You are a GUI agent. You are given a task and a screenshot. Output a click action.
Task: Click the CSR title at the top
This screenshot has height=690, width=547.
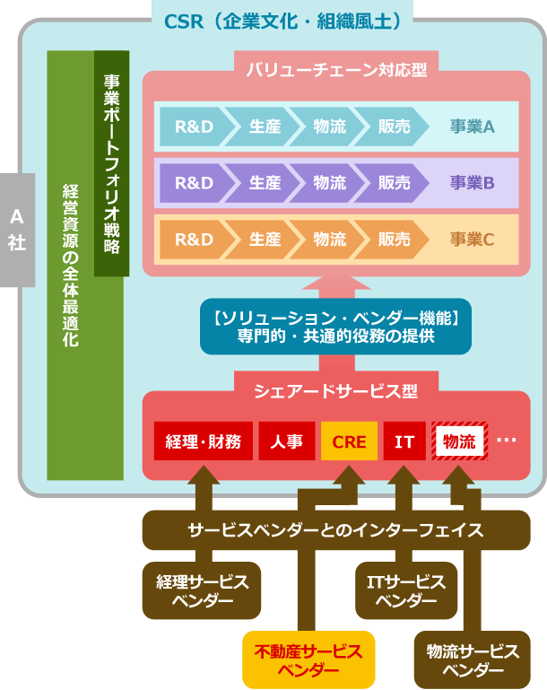[x=282, y=20]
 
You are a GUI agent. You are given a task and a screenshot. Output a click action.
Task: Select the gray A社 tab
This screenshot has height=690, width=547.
[x=17, y=230]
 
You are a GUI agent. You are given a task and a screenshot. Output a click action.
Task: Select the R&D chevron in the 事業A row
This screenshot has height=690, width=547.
[x=193, y=127]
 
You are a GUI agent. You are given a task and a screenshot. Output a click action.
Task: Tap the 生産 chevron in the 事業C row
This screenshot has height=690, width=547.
[x=265, y=240]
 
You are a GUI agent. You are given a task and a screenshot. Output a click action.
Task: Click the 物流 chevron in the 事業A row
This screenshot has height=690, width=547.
[x=329, y=127]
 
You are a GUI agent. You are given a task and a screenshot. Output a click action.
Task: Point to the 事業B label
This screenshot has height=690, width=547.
[x=473, y=183]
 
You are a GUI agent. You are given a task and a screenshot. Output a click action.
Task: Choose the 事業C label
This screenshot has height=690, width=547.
[x=473, y=240]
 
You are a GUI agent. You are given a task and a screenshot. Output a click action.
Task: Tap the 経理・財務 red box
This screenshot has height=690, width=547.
[x=203, y=441]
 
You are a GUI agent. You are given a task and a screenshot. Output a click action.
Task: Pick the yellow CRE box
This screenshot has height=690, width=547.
[x=349, y=441]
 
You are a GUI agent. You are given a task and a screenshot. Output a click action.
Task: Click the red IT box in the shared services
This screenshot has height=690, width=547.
[x=404, y=441]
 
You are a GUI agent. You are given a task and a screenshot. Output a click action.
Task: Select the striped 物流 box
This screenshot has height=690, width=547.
[x=459, y=441]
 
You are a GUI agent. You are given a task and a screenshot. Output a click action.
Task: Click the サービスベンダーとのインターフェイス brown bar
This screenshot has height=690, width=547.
[x=335, y=529]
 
